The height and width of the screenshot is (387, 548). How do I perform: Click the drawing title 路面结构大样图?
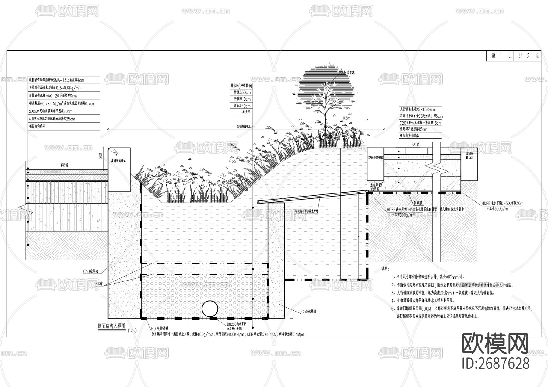pos(111,326)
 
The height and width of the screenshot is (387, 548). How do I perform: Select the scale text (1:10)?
pos(132,330)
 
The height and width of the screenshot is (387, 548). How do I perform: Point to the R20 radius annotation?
pos(115,152)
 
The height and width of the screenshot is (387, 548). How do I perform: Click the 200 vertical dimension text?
pos(100,156)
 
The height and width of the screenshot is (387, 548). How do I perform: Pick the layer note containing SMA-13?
pos(56,80)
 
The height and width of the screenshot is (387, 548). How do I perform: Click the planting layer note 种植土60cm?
pos(242,92)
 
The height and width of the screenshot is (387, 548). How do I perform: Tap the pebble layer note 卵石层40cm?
pos(242,106)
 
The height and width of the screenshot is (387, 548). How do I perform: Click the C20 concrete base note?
pos(420,123)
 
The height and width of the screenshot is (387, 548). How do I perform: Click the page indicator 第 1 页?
pos(501,56)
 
